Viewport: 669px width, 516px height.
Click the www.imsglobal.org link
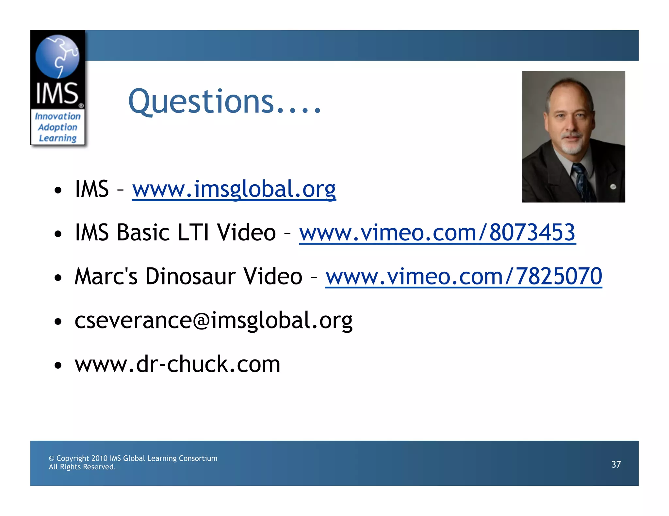(x=234, y=189)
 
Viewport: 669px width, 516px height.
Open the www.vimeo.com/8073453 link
(x=437, y=233)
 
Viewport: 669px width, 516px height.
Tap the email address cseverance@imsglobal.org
(x=213, y=320)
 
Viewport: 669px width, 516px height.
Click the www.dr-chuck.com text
(x=177, y=364)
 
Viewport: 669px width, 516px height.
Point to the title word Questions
(x=201, y=101)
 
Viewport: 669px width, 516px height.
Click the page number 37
(x=616, y=464)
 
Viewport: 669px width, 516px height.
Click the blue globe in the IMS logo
(x=57, y=56)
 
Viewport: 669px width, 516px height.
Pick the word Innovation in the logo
(x=57, y=116)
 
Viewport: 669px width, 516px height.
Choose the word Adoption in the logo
(x=57, y=127)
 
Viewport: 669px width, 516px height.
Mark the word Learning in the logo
(x=57, y=138)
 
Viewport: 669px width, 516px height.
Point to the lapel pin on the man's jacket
(x=613, y=187)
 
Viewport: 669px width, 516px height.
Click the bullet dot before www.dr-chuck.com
(x=58, y=365)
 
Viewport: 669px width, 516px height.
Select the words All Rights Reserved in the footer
(x=82, y=467)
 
